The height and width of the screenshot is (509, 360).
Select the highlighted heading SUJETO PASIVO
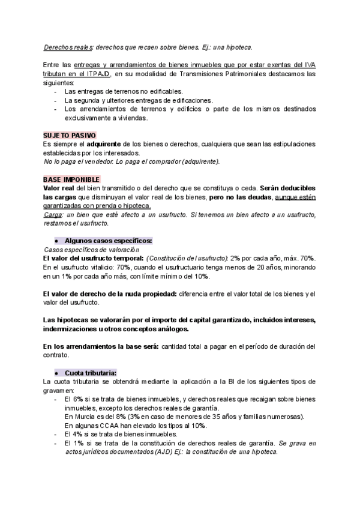(x=70, y=136)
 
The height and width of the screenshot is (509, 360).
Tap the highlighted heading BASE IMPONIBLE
(x=71, y=179)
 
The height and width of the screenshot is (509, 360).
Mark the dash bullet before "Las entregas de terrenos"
(x=56, y=91)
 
